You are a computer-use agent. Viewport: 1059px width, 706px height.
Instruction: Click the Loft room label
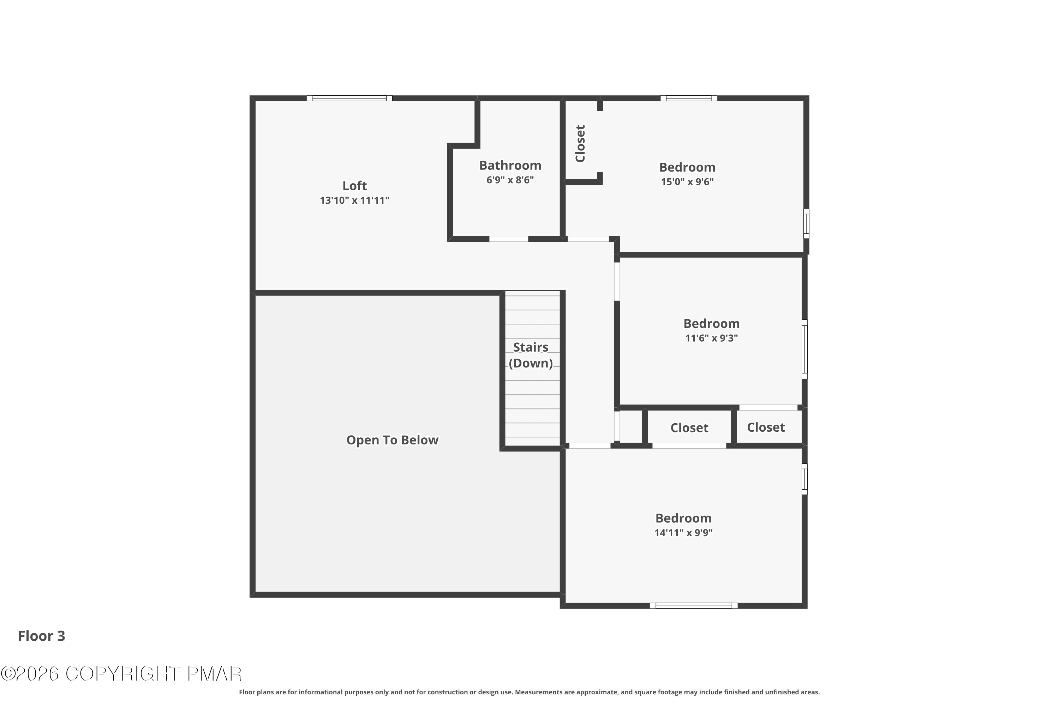coord(354,186)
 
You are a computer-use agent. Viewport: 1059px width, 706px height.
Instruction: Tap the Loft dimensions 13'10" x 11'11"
coord(354,201)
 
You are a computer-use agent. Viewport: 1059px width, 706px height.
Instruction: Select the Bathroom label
coord(510,165)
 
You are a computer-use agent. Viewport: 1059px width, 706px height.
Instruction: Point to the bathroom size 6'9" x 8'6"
coord(510,180)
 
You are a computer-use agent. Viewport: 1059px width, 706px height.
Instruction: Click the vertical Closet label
coord(580,144)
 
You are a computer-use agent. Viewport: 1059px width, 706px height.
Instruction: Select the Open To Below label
coord(392,440)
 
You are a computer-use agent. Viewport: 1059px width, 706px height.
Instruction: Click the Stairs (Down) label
coord(531,355)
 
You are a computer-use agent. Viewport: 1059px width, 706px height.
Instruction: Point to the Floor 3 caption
coord(41,636)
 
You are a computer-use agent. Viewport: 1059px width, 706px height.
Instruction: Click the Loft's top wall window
coord(349,98)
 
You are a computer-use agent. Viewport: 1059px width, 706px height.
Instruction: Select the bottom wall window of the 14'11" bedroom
coord(694,606)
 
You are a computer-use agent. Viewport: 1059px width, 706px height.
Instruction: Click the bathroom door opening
coord(508,239)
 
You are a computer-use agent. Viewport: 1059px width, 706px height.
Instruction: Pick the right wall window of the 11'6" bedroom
coord(804,349)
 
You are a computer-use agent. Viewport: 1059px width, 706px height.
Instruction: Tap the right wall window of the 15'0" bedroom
coord(806,223)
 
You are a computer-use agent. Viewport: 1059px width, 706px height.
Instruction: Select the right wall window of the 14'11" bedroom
coord(804,479)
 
